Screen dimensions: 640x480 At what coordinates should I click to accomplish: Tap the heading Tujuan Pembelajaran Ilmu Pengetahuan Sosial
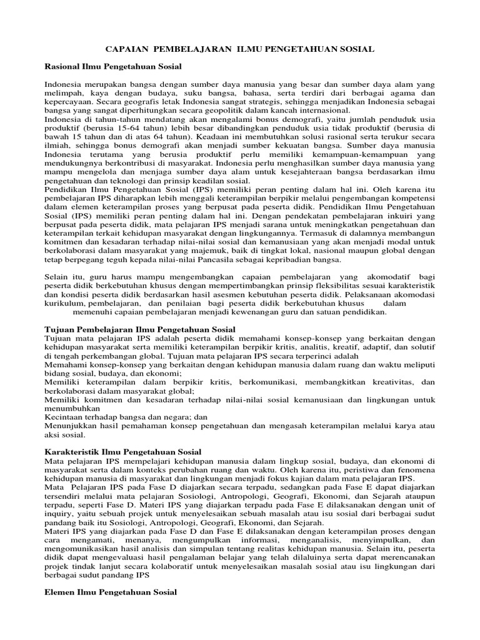pos(141,329)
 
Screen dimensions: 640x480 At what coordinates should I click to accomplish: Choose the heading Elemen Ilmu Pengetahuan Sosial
pos(111,591)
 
